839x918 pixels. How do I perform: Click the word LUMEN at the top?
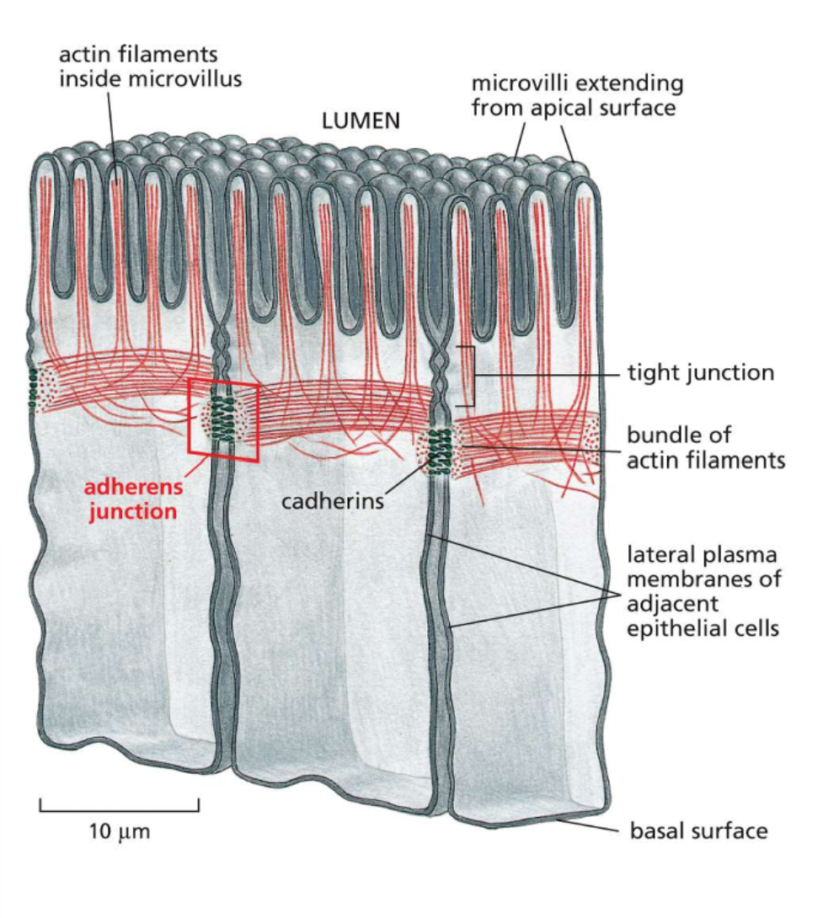coord(361,121)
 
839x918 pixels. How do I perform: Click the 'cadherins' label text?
coord(332,501)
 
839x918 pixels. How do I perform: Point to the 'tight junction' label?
coord(700,372)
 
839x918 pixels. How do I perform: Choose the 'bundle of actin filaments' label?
coord(705,448)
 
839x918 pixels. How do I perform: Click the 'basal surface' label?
coord(699,831)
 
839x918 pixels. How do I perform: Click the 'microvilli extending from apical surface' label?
coord(577,96)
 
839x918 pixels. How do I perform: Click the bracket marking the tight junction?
coord(473,376)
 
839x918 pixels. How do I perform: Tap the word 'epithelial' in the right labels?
coord(676,627)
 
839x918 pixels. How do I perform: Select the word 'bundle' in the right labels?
coord(659,435)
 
